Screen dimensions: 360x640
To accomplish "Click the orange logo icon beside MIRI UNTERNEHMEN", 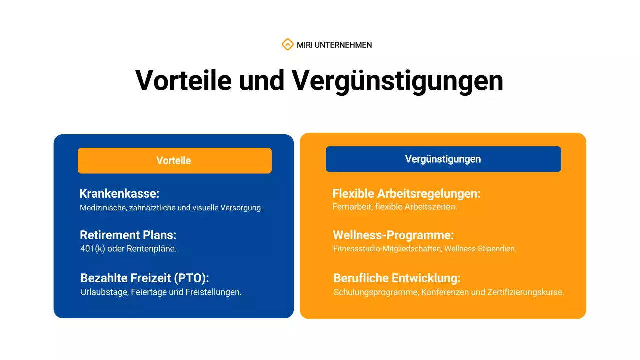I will coord(287,45).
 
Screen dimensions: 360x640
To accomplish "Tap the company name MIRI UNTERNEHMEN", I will coord(334,45).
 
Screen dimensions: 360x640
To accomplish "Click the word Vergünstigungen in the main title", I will coord(398,80).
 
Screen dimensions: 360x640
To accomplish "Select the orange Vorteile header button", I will coord(174,161).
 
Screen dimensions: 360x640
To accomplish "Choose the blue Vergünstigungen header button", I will coord(443,159).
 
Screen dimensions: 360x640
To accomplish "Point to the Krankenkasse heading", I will coord(119,194).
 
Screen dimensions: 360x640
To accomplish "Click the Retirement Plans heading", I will coord(128,235).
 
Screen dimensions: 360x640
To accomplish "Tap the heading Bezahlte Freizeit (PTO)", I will coord(145,278).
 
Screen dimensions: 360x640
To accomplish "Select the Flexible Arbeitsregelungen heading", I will coord(406,194).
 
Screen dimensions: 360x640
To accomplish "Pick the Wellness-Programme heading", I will coord(393,235).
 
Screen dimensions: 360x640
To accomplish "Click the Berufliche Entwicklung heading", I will coord(397,278).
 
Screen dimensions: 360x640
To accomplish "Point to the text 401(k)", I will coord(93,249).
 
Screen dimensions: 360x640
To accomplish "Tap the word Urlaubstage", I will coord(103,292).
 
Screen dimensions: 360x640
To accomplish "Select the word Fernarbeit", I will coord(352,207).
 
